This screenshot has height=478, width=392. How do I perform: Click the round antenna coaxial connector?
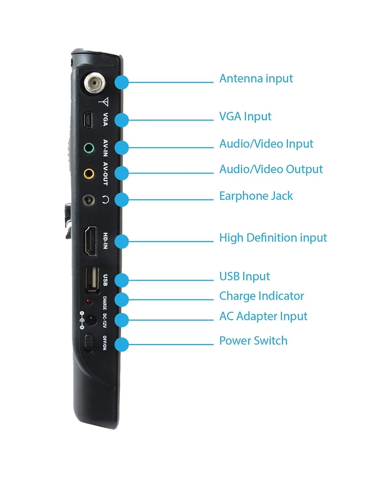94,83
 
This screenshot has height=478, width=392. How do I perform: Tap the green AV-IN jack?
89,148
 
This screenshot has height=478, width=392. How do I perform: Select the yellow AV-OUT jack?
89,174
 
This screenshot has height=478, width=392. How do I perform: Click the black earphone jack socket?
89,200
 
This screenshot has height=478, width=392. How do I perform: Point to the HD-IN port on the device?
91,241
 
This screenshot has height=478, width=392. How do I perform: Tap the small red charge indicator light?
89,302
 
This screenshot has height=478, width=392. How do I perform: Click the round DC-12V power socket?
90,320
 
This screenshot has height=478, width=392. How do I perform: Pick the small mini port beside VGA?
88,120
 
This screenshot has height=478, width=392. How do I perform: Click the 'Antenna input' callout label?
256,79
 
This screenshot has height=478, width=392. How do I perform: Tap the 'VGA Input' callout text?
245,116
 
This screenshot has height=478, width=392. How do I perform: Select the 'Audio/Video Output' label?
271,169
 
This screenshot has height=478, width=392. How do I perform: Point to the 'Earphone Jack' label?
256,196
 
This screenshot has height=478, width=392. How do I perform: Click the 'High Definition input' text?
273,238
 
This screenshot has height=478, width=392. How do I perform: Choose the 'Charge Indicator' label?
261,296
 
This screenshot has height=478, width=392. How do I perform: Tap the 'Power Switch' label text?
253,341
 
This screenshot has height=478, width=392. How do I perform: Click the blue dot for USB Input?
122,280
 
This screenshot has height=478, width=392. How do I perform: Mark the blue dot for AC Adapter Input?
122,320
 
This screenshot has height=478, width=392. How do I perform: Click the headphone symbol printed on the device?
105,200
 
